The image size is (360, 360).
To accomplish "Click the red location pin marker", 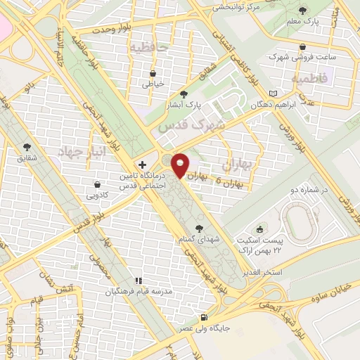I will [x=181, y=165].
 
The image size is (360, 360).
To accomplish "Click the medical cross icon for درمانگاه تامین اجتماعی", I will [x=142, y=163].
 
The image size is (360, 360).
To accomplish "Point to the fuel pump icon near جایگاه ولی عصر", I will [x=204, y=317].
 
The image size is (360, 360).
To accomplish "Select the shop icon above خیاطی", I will [x=153, y=72].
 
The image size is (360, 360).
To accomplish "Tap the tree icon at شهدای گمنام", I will [x=200, y=228].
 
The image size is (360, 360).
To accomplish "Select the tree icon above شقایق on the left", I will [x=27, y=147].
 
